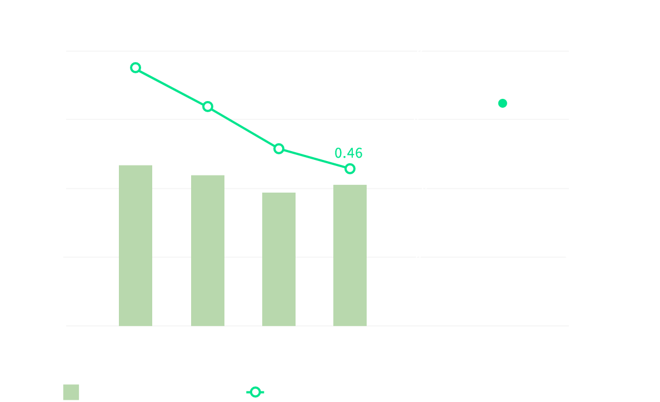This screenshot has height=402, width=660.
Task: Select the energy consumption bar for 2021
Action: point(136,245)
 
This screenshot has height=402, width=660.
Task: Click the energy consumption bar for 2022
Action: point(208,250)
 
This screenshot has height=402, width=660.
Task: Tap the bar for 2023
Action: point(279,259)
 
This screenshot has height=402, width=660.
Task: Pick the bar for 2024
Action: point(350,255)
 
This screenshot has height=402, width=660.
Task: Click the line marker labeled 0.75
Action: point(136,68)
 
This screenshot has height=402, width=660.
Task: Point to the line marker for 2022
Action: point(208,107)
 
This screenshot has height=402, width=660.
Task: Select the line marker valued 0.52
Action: point(279,148)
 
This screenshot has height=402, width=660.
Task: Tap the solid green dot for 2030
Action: point(502,103)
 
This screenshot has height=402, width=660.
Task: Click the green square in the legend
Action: point(71,392)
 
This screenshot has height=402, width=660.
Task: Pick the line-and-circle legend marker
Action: point(255,392)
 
